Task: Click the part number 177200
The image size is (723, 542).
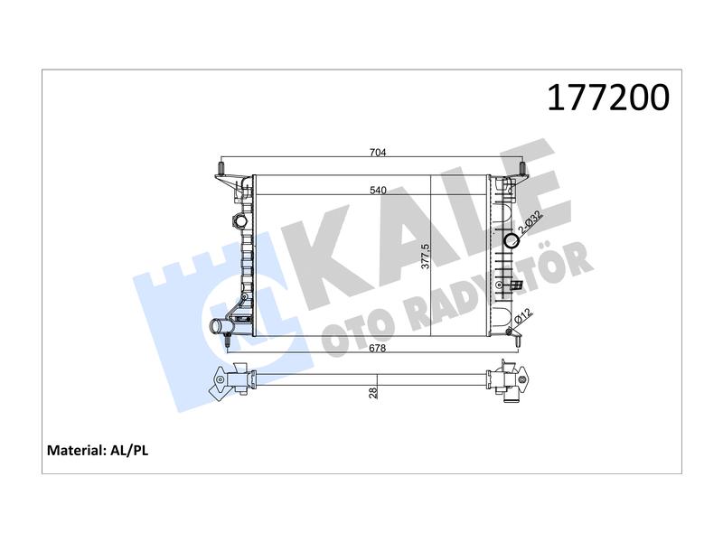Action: tap(608, 98)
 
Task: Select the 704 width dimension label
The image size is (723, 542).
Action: tap(378, 152)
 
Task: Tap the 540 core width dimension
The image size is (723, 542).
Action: tap(378, 190)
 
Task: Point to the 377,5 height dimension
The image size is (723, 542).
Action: tap(426, 257)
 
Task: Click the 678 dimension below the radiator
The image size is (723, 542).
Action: tap(377, 348)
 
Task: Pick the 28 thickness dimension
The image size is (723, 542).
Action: tap(373, 393)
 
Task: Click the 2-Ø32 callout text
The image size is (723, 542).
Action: tap(531, 222)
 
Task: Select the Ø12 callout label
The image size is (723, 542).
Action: tap(523, 316)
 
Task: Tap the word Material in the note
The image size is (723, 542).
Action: tap(76, 450)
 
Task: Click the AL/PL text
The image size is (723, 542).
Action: tap(129, 450)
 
